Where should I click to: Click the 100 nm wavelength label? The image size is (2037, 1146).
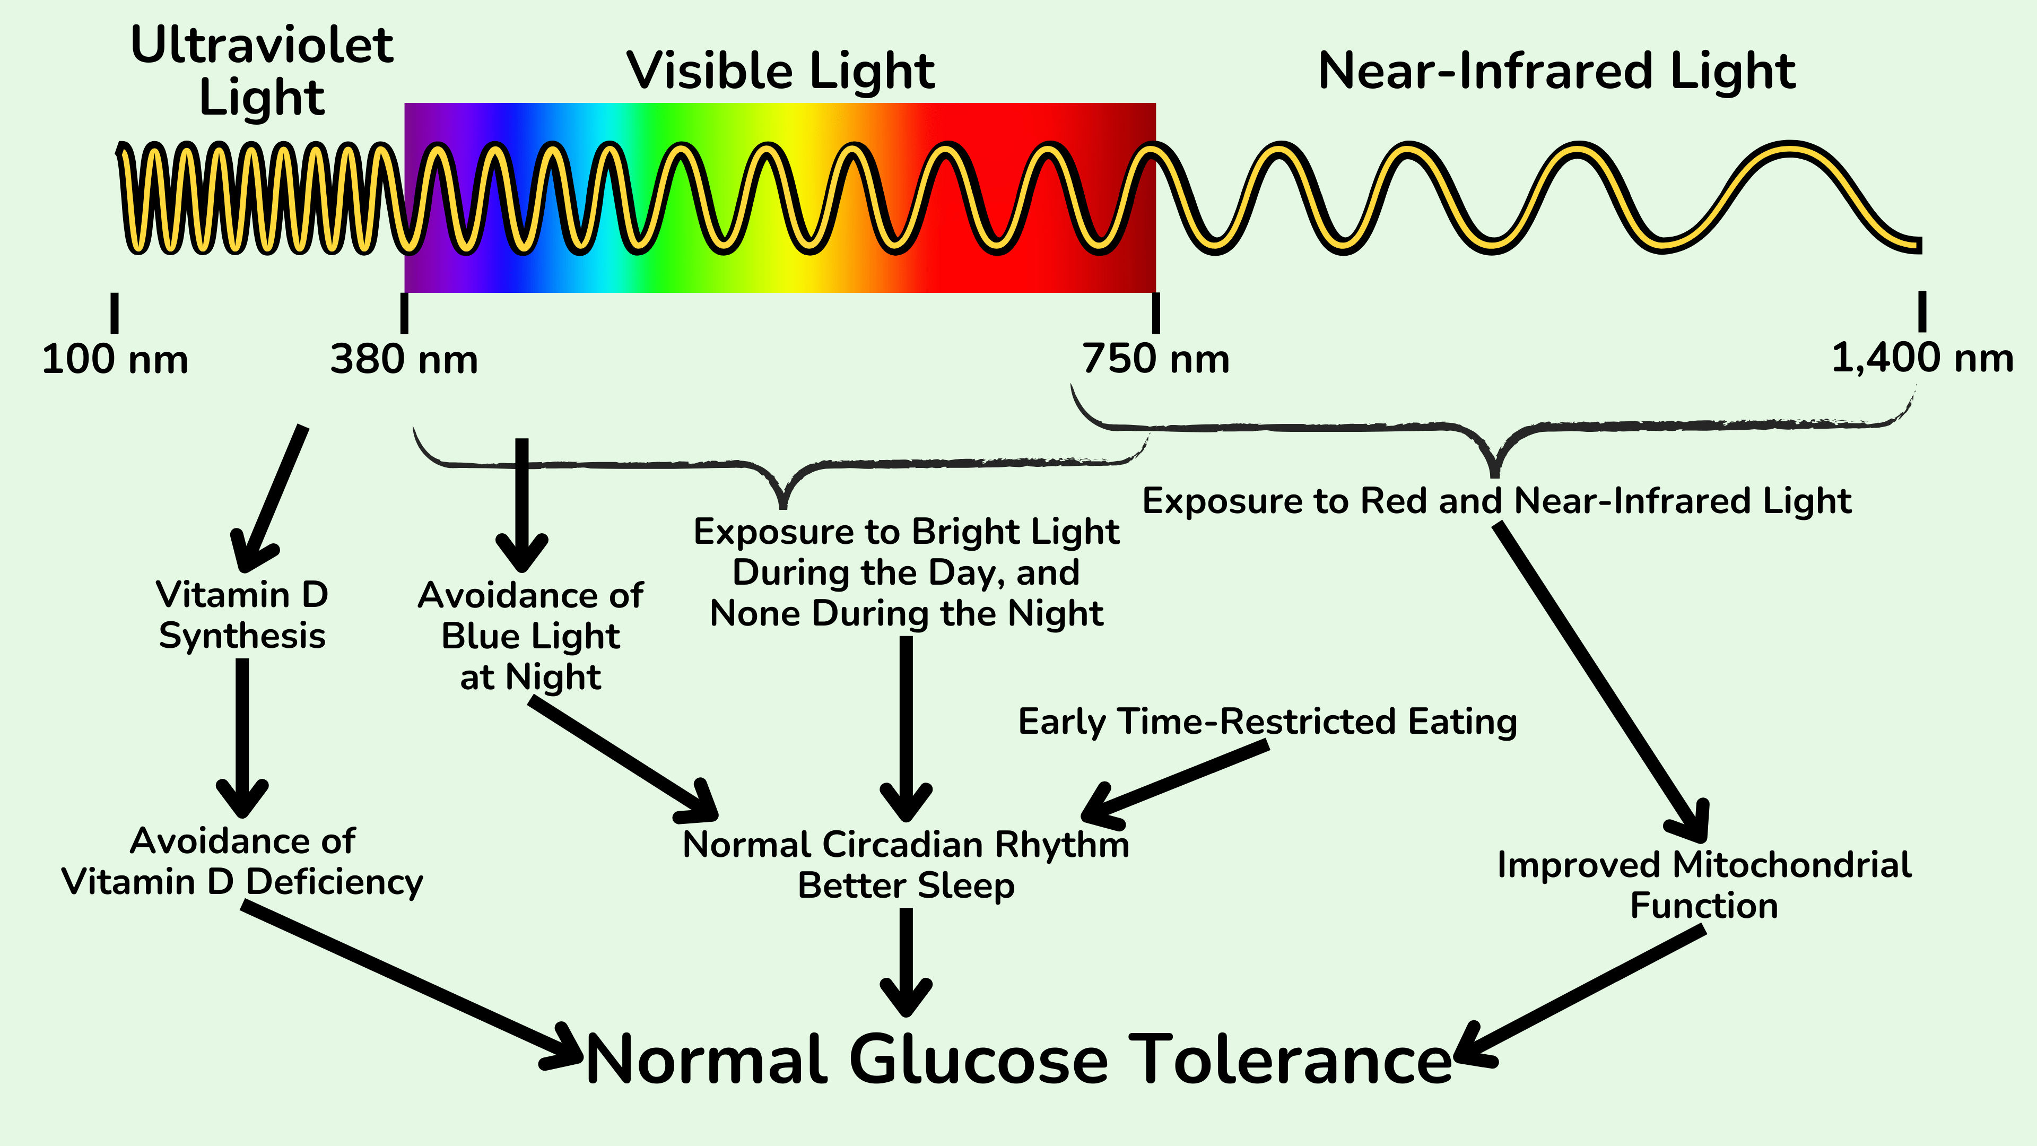[x=115, y=360]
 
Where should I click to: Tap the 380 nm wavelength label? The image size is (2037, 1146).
[x=404, y=360]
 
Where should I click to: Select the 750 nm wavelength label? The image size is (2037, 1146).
[x=1155, y=360]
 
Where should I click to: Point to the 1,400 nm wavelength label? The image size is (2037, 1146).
[x=1921, y=358]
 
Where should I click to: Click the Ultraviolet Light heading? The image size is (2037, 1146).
[x=262, y=71]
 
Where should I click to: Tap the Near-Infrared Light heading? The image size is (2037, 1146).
[x=1556, y=71]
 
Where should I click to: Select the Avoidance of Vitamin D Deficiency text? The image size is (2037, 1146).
[x=242, y=861]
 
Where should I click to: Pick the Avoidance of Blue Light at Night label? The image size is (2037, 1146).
[x=530, y=636]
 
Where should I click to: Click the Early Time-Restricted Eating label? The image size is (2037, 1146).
[x=1268, y=722]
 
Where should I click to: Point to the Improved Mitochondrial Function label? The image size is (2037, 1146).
[x=1704, y=885]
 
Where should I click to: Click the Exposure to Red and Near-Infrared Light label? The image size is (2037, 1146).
[x=1497, y=501]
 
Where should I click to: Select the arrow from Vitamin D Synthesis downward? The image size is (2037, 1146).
[x=242, y=735]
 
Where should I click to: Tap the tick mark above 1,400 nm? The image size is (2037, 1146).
[x=1921, y=311]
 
